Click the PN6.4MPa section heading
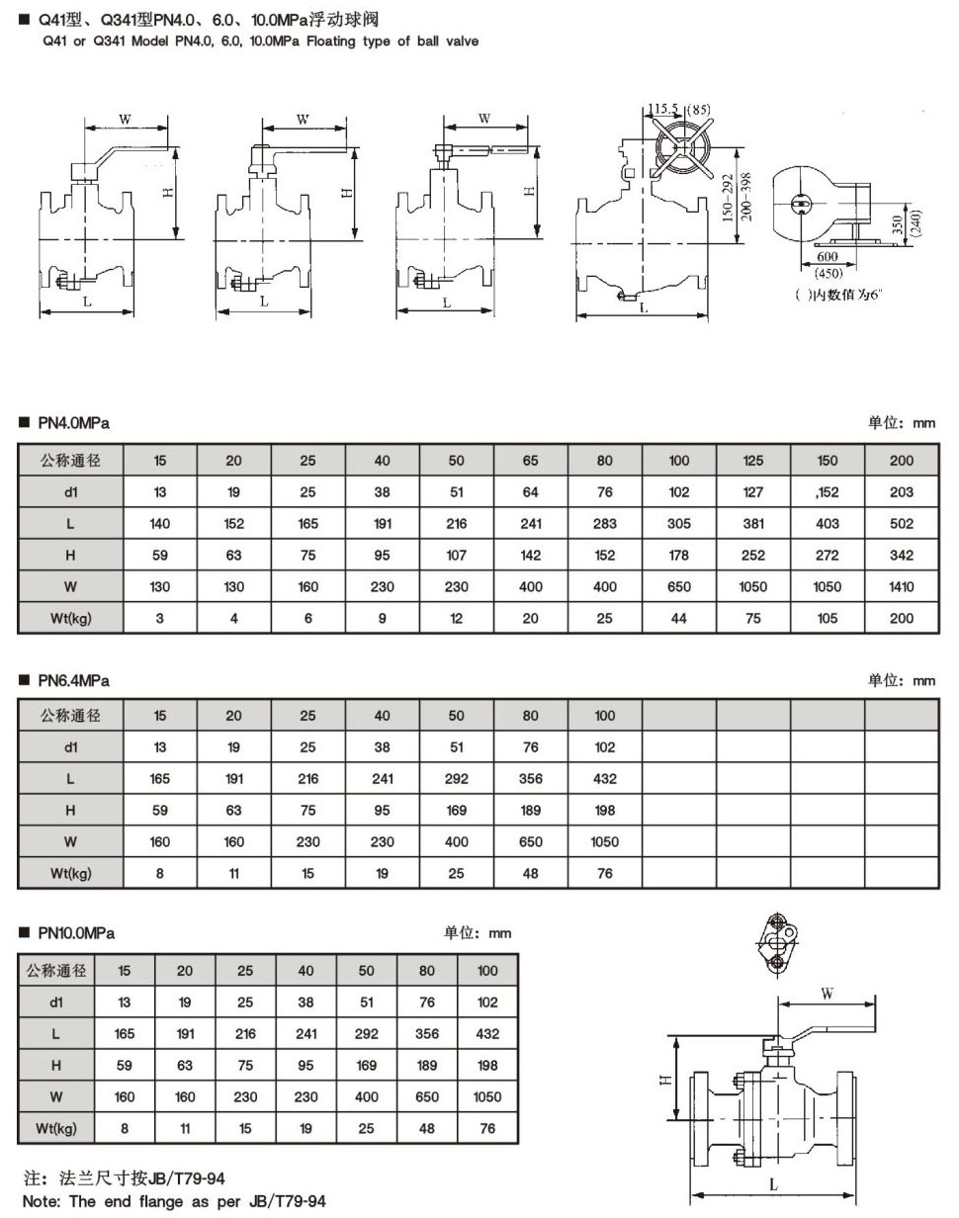tap(73, 680)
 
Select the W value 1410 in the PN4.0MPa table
tap(901, 586)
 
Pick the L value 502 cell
tap(901, 524)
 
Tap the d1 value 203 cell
tap(901, 492)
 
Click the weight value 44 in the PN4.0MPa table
tap(679, 618)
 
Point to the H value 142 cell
tap(531, 556)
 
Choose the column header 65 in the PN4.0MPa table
tap(531, 460)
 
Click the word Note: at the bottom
tap(43, 1201)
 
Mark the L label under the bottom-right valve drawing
tap(772, 1183)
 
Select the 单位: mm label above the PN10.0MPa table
tap(478, 932)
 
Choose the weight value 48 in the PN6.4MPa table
tap(531, 872)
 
